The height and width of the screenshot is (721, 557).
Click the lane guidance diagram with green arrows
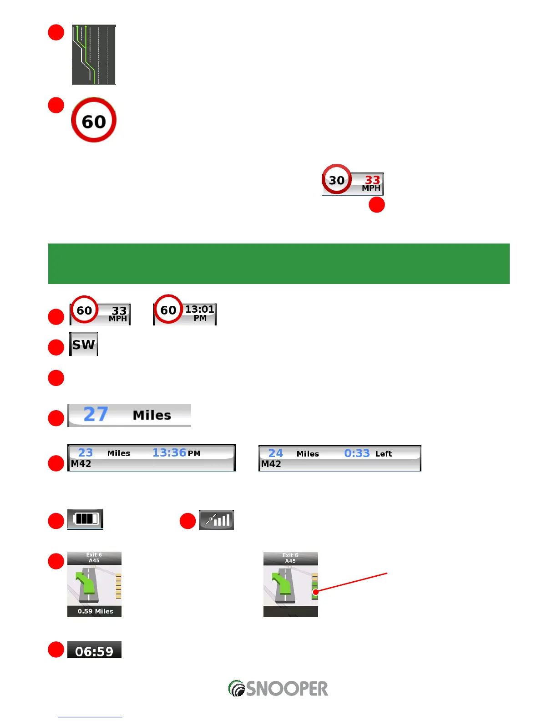pyautogui.click(x=94, y=55)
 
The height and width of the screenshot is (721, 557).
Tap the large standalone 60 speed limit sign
pyautogui.click(x=94, y=120)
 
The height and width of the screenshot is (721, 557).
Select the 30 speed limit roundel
pyautogui.click(x=337, y=180)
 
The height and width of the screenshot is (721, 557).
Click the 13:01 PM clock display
pyautogui.click(x=200, y=313)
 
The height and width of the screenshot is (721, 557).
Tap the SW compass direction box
pyautogui.click(x=84, y=344)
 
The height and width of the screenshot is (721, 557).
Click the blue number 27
pyautogui.click(x=96, y=414)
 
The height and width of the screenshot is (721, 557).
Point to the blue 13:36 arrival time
pyautogui.click(x=169, y=453)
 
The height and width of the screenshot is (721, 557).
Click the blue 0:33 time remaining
pyautogui.click(x=357, y=453)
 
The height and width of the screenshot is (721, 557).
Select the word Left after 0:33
pyautogui.click(x=384, y=454)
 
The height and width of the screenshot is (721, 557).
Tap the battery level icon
pyautogui.click(x=86, y=519)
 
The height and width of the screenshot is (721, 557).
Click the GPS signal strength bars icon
pyautogui.click(x=217, y=520)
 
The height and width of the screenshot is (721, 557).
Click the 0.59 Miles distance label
pyautogui.click(x=95, y=611)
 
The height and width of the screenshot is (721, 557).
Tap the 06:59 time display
pyautogui.click(x=94, y=651)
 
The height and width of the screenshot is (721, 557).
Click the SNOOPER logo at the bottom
pyautogui.click(x=278, y=688)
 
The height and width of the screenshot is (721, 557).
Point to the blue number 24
pyautogui.click(x=275, y=453)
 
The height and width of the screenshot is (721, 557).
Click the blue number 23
pyautogui.click(x=85, y=453)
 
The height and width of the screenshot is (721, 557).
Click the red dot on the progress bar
pyautogui.click(x=315, y=592)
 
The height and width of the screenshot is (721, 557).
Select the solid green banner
pyautogui.click(x=278, y=264)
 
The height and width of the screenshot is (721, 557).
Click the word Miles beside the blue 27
pyautogui.click(x=152, y=415)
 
